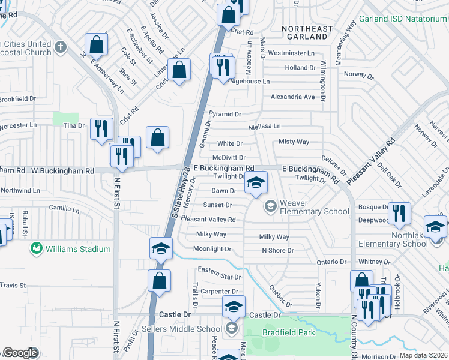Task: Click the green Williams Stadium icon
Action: coord(36,248)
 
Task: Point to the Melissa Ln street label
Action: coord(265,127)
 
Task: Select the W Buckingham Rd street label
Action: coord(64,171)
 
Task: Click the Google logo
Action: coord(20,352)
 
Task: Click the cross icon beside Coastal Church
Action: coord(60,47)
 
